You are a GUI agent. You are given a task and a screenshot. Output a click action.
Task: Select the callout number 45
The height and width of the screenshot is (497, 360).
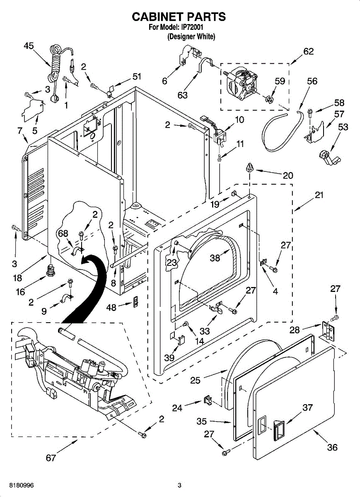click(x=29, y=46)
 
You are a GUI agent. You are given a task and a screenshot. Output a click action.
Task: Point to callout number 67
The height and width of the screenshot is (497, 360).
click(x=51, y=458)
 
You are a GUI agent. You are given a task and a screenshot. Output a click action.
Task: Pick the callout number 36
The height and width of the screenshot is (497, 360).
click(x=332, y=447)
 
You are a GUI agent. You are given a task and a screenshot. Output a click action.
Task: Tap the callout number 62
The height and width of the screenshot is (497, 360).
click(x=308, y=52)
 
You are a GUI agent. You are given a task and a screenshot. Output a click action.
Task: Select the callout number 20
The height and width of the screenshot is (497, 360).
click(x=288, y=175)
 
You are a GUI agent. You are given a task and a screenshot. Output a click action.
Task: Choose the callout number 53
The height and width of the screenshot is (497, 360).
click(x=343, y=127)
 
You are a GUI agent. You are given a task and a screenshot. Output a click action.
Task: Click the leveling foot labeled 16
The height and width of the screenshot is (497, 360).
click(x=50, y=272)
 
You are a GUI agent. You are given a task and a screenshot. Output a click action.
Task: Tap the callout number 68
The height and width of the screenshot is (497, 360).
click(x=63, y=234)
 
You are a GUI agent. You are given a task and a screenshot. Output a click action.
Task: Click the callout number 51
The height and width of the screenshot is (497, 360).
click(x=136, y=76)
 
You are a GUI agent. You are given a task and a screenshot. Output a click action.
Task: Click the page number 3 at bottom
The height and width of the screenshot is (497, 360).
click(x=179, y=485)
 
